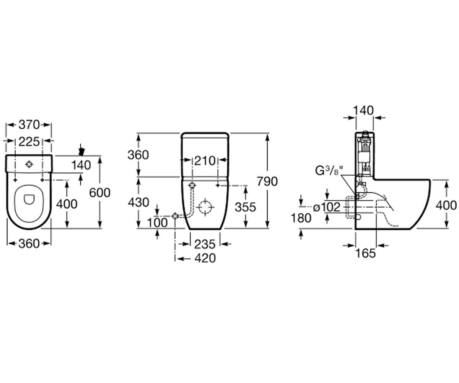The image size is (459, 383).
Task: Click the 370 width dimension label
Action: pyautogui.click(x=29, y=125)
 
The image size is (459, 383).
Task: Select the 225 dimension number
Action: pyautogui.click(x=29, y=142)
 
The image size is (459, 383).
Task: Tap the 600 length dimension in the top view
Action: pyautogui.click(x=100, y=193)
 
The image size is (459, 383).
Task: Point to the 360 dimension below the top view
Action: pyautogui.click(x=29, y=244)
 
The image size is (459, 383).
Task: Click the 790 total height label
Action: pyautogui.click(x=267, y=182)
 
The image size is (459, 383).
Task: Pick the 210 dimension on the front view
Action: pyautogui.click(x=205, y=161)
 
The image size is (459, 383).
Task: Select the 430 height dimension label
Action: pyautogui.click(x=138, y=202)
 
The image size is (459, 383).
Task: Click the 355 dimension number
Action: pyautogui.click(x=246, y=207)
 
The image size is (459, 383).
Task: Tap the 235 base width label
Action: pyautogui.click(x=205, y=244)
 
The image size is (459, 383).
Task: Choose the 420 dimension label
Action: pyautogui.click(x=205, y=258)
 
